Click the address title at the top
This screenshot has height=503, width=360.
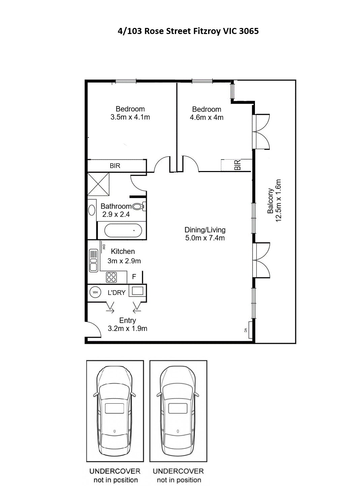pos(188,31)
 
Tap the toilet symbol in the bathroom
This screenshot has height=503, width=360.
pos(139,206)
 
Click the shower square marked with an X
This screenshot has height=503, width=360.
pos(98,184)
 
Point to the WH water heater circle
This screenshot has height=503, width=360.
pos(95,292)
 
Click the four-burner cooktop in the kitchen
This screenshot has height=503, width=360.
pos(111,277)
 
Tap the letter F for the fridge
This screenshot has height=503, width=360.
pos(134,277)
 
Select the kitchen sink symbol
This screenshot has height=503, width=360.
pos(93,260)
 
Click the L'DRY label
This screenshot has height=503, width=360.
pos(117,293)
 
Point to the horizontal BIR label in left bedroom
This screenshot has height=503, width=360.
pos(115,166)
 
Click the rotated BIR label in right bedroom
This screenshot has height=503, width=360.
pos(237,165)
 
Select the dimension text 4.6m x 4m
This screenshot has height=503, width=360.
pos(206,118)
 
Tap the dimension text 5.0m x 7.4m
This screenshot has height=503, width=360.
pos(205,238)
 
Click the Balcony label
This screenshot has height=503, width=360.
pos(270,201)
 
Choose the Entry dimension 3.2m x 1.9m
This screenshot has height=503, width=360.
pos(127,329)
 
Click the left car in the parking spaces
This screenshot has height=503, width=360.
pos(114,411)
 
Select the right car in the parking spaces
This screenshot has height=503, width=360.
pos(178,411)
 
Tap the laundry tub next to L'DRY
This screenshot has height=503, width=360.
pos(137,291)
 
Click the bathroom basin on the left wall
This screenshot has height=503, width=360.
pos(92,210)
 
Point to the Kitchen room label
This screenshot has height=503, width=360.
pos(123,252)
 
